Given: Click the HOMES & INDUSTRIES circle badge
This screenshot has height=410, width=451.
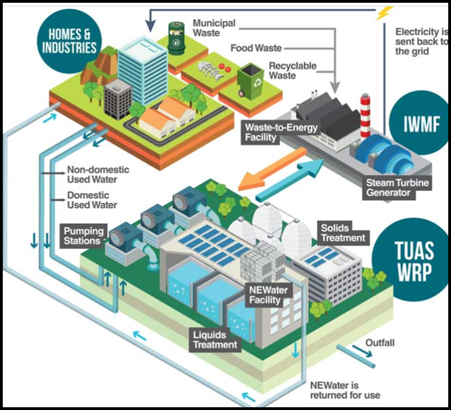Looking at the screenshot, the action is pos(69,41).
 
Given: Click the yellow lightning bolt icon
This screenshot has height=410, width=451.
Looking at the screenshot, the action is pos(384,13).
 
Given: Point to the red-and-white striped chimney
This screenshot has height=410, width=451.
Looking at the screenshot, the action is pos(365,116).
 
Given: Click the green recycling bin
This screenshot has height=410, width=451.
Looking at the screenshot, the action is pos(250,81).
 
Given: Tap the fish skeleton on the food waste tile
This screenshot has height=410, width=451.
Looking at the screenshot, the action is pos(210,70).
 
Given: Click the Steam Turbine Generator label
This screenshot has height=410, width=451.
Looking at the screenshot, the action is pos(397,188).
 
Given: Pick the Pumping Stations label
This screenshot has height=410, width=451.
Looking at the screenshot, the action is pos(84,236).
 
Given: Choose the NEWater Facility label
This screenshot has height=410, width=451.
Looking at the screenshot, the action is pos(268,295).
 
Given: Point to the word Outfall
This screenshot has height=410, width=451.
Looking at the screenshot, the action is pos(380,343).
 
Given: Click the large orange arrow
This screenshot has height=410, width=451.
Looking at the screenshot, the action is pos(272,169).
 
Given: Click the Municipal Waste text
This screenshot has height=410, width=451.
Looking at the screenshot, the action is pos(214,28).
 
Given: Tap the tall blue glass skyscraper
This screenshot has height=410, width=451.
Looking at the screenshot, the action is pos(143,71).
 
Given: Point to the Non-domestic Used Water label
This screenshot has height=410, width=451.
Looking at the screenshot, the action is pos(98,174).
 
